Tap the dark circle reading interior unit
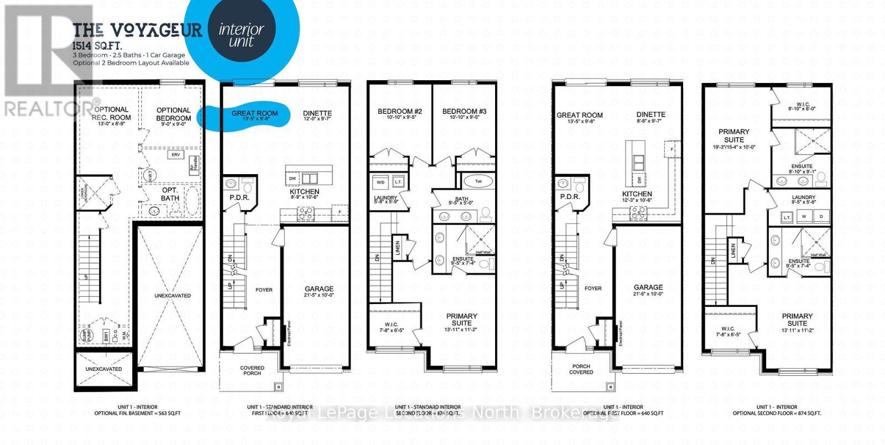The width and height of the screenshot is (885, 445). tap(241, 35)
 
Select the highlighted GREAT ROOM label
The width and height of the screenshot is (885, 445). tap(254, 113)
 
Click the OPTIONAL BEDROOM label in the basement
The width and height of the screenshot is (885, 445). tap(173, 114)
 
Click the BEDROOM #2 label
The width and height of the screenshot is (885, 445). tap(399, 112)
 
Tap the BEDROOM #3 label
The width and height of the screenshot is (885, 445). tap(464, 112)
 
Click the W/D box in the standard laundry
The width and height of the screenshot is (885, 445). tap(381, 182)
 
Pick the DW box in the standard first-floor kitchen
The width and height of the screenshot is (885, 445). tap(293, 179)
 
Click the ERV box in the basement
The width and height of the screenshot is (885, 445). tap(176, 155)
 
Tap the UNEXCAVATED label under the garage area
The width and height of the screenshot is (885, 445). tap(173, 296)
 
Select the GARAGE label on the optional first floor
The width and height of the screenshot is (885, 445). tap(648, 287)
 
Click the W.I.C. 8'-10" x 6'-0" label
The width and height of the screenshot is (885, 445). tap(801, 106)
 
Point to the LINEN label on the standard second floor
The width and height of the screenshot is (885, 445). tap(397, 247)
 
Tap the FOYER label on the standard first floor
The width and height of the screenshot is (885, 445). tap(264, 290)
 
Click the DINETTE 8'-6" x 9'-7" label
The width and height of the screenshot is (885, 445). tap(650, 114)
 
